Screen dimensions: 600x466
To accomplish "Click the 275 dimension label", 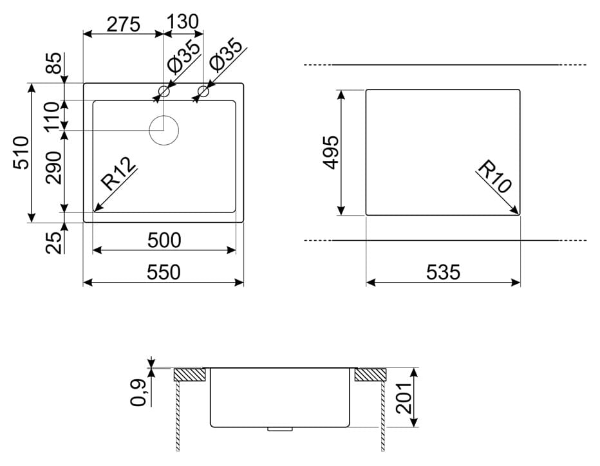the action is pos(123,24).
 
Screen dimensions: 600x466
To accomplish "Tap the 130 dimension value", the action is pos(183,22).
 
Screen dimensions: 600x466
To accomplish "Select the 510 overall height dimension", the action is pos(21,153).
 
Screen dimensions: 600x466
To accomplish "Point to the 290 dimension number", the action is pos(53,167).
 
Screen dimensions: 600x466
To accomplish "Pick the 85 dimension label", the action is pos(53,63).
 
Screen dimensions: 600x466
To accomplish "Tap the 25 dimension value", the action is pos(53,243).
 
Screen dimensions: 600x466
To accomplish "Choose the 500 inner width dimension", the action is pos(164,240).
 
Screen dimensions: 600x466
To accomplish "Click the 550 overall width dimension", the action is pos(164,272).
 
